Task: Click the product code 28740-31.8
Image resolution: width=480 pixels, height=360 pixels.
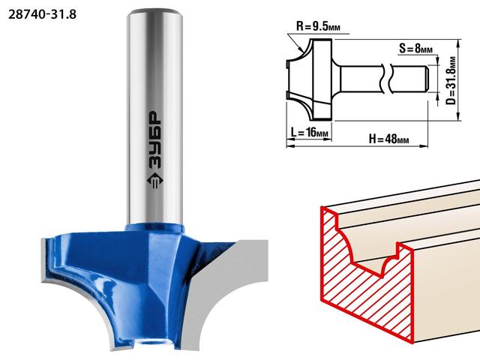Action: (42, 14)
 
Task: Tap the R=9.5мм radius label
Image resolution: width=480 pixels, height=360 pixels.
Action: (318, 26)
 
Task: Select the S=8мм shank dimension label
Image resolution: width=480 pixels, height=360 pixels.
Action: (415, 48)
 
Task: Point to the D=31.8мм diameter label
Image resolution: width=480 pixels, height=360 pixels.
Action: (451, 80)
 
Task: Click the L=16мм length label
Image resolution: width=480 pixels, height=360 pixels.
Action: (309, 133)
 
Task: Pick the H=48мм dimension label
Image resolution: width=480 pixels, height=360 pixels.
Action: (388, 139)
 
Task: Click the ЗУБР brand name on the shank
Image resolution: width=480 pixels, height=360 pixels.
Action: (155, 140)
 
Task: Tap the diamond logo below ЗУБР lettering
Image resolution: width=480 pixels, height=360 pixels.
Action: (155, 181)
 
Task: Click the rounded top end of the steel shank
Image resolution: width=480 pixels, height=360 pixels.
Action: (154, 13)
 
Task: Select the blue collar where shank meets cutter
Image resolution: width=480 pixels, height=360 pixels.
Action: (154, 227)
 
